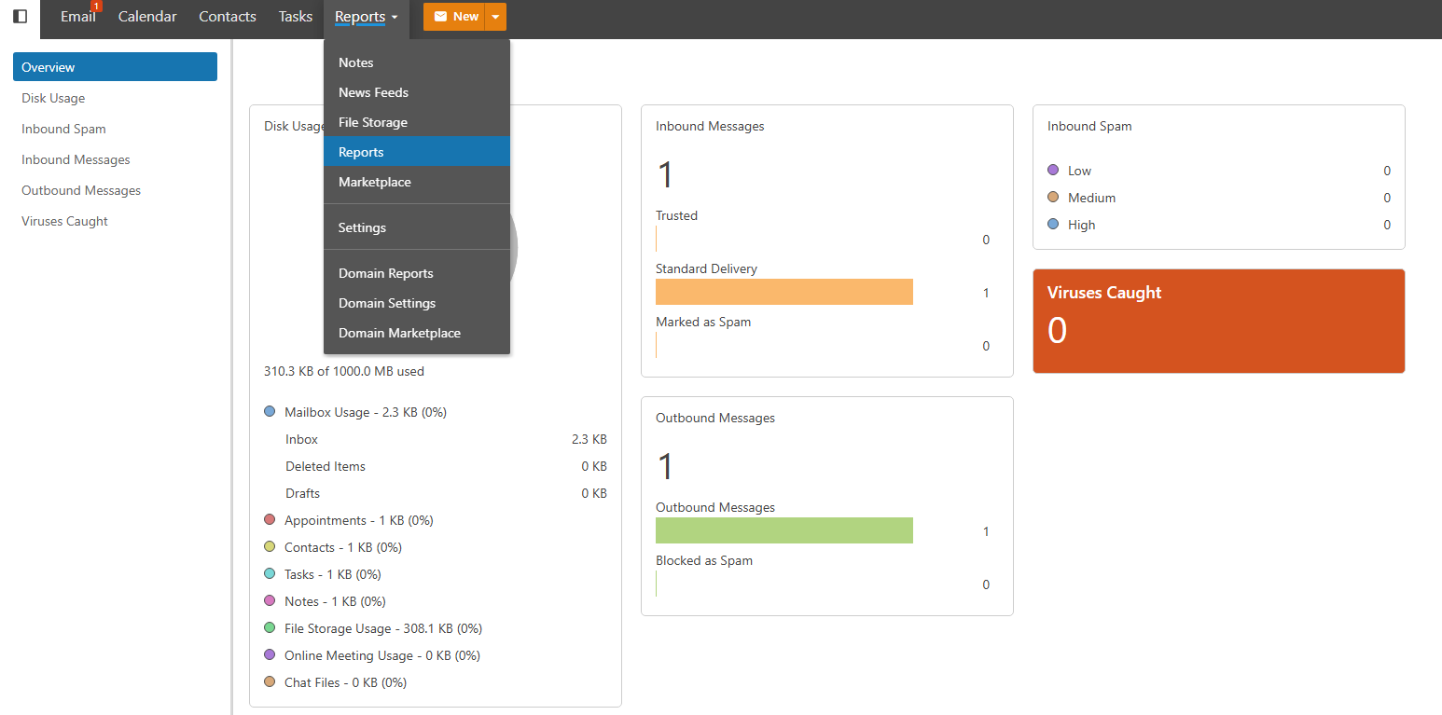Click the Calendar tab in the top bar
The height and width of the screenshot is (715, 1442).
[147, 17]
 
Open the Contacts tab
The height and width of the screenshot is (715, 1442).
[228, 17]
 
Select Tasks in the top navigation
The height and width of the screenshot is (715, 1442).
[296, 17]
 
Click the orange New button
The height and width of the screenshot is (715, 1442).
[455, 17]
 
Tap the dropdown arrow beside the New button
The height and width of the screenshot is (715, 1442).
[496, 17]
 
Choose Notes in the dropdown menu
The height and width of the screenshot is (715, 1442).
[356, 62]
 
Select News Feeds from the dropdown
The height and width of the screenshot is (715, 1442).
[373, 92]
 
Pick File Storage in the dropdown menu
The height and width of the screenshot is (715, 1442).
[373, 122]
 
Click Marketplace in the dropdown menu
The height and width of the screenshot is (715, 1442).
[375, 182]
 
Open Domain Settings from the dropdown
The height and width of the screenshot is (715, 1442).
[387, 303]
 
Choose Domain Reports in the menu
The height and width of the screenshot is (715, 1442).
[386, 273]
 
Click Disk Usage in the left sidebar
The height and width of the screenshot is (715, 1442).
[53, 98]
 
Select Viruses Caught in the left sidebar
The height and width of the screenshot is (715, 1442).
[65, 221]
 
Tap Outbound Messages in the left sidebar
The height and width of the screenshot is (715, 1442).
[81, 190]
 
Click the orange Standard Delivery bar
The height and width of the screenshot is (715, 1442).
[783, 292]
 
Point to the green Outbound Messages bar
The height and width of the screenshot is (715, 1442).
[783, 530]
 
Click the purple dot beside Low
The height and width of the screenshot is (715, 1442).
[1053, 171]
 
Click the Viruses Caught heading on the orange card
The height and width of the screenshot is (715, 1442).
[1104, 293]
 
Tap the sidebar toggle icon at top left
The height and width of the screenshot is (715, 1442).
[20, 17]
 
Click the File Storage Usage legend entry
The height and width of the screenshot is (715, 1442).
[383, 628]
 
